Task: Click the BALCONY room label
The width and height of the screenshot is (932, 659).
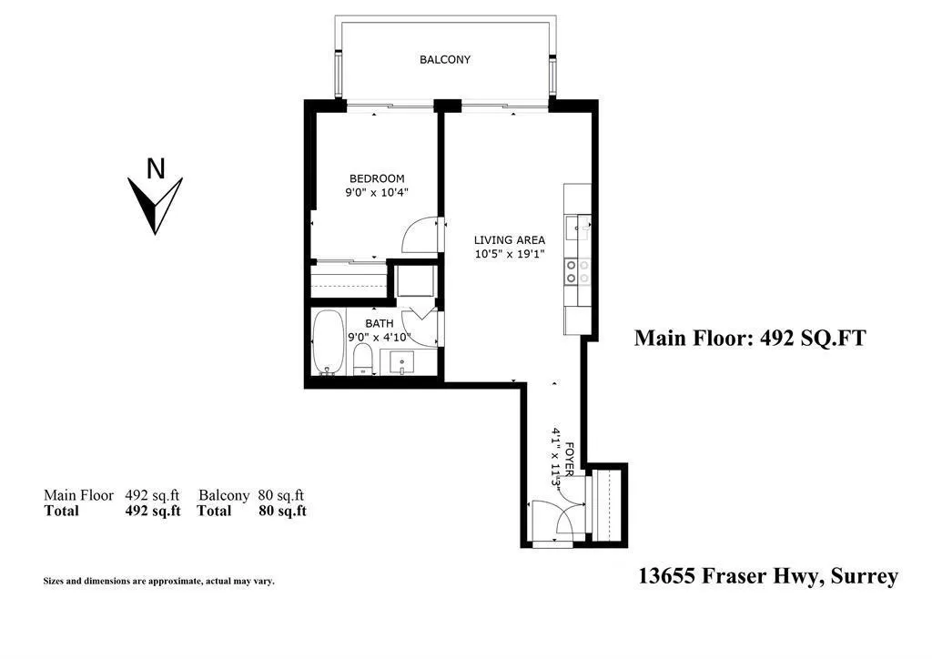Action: [x=445, y=60]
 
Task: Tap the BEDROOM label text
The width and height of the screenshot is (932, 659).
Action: [x=377, y=179]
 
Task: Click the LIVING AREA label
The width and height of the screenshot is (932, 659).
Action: [x=509, y=240]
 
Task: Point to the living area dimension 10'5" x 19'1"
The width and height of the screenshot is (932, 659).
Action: [x=509, y=255]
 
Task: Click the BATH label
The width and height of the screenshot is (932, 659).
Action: [x=380, y=323]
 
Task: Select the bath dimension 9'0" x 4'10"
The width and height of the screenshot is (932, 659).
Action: [x=380, y=338]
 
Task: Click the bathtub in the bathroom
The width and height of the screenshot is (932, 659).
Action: [x=328, y=342]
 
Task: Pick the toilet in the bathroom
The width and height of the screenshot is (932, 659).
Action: [x=363, y=359]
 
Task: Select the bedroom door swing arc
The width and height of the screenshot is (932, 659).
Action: [x=418, y=234]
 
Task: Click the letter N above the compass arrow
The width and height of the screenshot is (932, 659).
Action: [x=157, y=168]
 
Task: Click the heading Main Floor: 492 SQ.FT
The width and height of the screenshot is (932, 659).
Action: [x=749, y=339]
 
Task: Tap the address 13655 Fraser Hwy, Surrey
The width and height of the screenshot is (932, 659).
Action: [x=768, y=576]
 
